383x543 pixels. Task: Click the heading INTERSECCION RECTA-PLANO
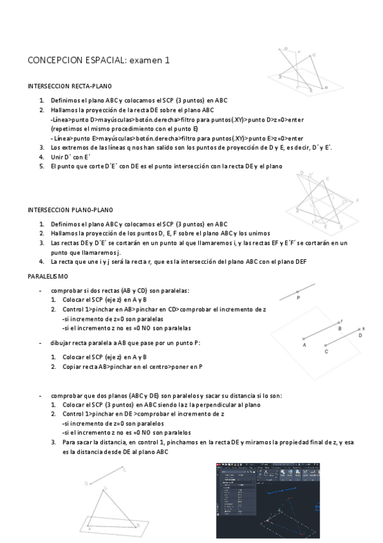coord(71,85)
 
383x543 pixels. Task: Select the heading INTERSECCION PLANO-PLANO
coord(70,209)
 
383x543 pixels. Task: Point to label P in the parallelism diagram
coord(299,298)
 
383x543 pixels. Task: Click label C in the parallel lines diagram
coord(326,352)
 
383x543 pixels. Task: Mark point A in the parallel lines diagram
coord(304,345)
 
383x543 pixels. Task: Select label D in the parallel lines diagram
coord(360,335)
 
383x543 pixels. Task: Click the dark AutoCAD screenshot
coord(267,499)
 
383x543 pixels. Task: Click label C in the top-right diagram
coord(313,56)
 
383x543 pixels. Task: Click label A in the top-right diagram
coord(280,76)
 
